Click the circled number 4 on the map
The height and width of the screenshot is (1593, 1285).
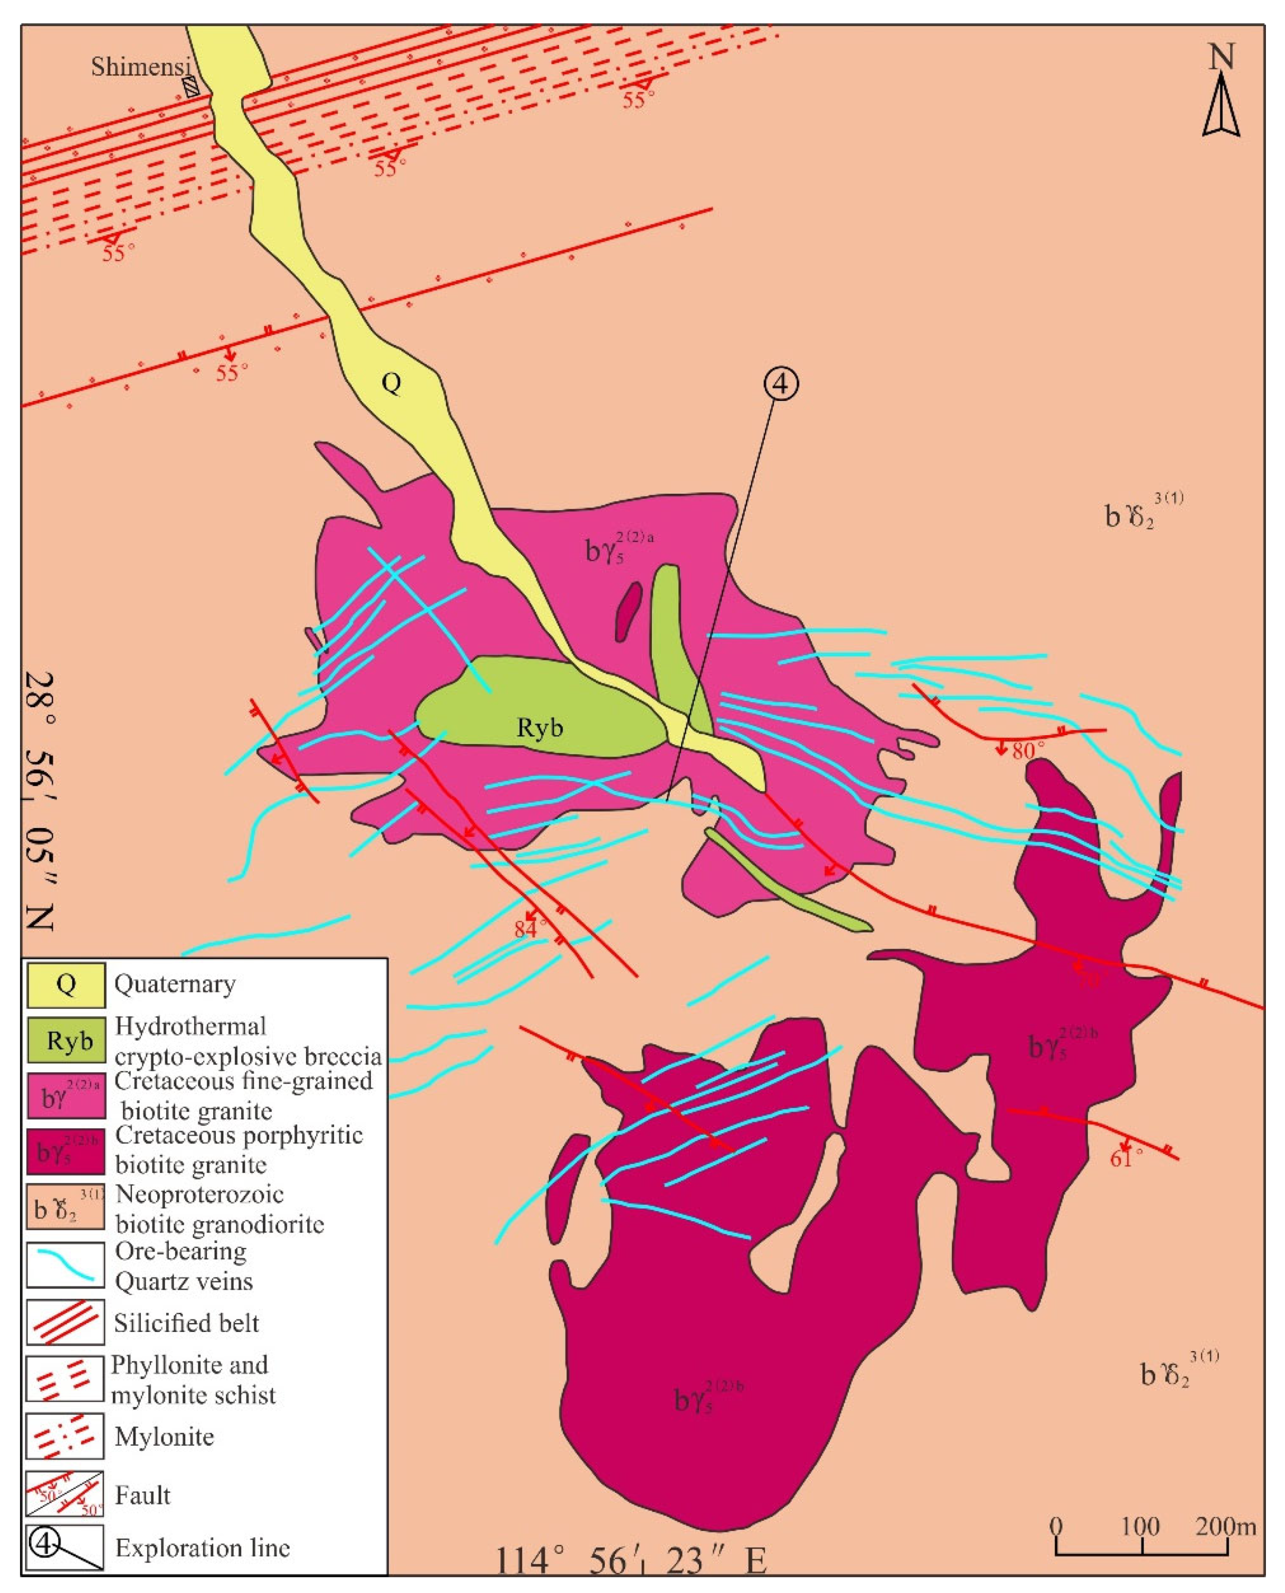tap(782, 384)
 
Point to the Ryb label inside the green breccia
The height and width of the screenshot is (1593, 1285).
tap(540, 728)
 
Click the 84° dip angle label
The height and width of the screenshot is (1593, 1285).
tap(530, 928)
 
